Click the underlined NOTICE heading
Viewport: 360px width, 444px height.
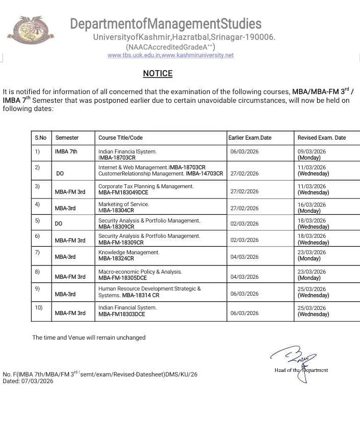[x=157, y=74]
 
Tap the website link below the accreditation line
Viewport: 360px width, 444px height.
[x=170, y=55]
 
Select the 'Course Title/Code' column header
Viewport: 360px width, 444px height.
[x=120, y=138]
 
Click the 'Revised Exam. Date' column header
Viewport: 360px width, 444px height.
[x=321, y=138]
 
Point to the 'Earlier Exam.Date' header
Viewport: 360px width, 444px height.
[x=250, y=138]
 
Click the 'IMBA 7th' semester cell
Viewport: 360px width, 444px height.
[x=66, y=151]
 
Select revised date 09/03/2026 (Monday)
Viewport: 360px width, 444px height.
[x=311, y=154]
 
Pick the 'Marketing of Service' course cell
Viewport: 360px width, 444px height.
[x=124, y=207]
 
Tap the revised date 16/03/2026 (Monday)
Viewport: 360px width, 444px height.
[x=311, y=207]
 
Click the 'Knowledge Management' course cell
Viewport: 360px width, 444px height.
[x=129, y=255]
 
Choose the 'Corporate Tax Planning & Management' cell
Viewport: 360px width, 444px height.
[x=146, y=189]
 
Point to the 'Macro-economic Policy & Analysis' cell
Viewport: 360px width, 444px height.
[x=140, y=275]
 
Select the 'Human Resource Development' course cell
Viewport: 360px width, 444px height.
[x=149, y=292]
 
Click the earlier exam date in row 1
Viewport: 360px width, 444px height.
[x=244, y=151]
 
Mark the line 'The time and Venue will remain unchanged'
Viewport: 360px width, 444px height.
[x=89, y=338]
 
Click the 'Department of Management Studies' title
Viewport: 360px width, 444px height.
[x=166, y=24]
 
